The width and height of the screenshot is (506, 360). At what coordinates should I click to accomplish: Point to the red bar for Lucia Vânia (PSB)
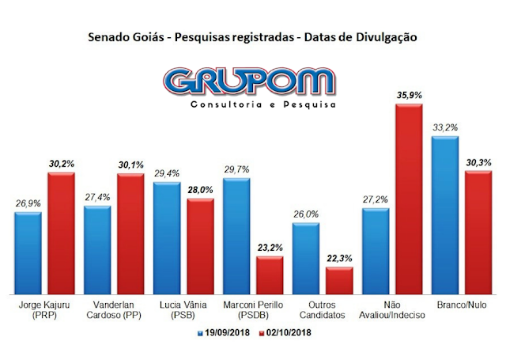(201, 246)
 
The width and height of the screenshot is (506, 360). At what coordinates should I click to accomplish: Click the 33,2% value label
(444, 127)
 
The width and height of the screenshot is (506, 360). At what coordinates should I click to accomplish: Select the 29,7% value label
(236, 169)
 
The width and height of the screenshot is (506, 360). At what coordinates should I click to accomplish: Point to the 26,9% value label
(28, 204)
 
